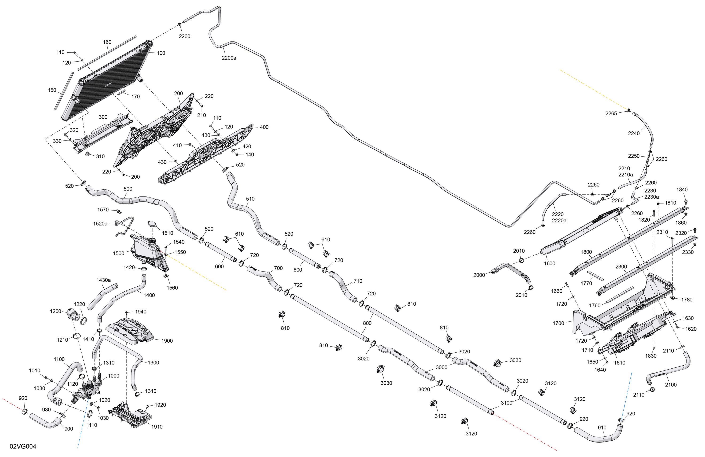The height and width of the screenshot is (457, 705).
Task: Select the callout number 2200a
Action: (x=229, y=58)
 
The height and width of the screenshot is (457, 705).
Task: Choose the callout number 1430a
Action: (x=104, y=280)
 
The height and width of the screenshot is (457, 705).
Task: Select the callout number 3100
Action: (x=506, y=403)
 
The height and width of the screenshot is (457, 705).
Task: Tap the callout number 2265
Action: (x=611, y=113)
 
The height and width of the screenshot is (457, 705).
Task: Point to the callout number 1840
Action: (x=682, y=190)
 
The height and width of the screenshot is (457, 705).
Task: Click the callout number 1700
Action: (x=558, y=323)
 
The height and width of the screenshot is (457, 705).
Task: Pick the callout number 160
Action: (x=107, y=42)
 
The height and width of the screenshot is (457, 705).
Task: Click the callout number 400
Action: (x=264, y=127)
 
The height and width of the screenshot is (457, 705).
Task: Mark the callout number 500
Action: (x=128, y=189)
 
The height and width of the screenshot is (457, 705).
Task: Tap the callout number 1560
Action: (x=172, y=288)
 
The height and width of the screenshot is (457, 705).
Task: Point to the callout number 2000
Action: (x=479, y=275)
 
